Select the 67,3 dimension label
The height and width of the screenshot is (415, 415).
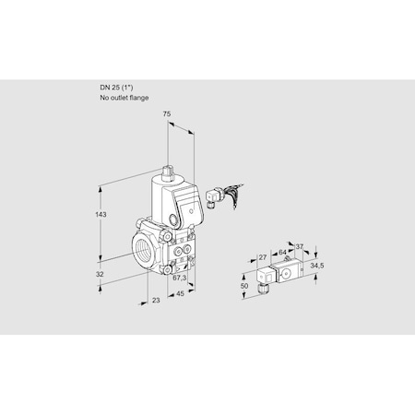pos(180,277)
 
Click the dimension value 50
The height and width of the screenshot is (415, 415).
pos(243,287)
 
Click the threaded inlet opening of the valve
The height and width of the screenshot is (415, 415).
pos(143,251)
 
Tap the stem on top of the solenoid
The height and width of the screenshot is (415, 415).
pos(167,172)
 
